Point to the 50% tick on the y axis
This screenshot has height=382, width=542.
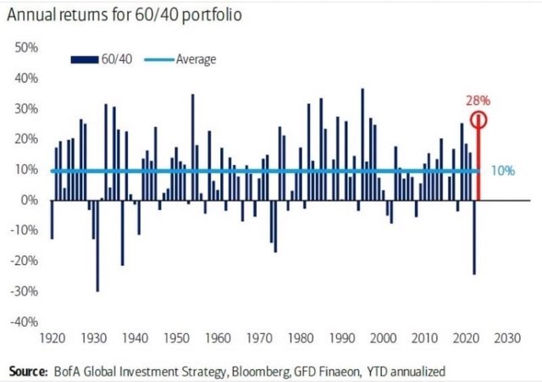click(x=25, y=47)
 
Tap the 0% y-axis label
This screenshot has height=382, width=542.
click(x=29, y=201)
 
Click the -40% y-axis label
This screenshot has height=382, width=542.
click(x=24, y=323)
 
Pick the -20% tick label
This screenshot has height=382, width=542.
click(x=24, y=262)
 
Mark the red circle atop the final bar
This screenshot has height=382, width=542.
click(x=479, y=119)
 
